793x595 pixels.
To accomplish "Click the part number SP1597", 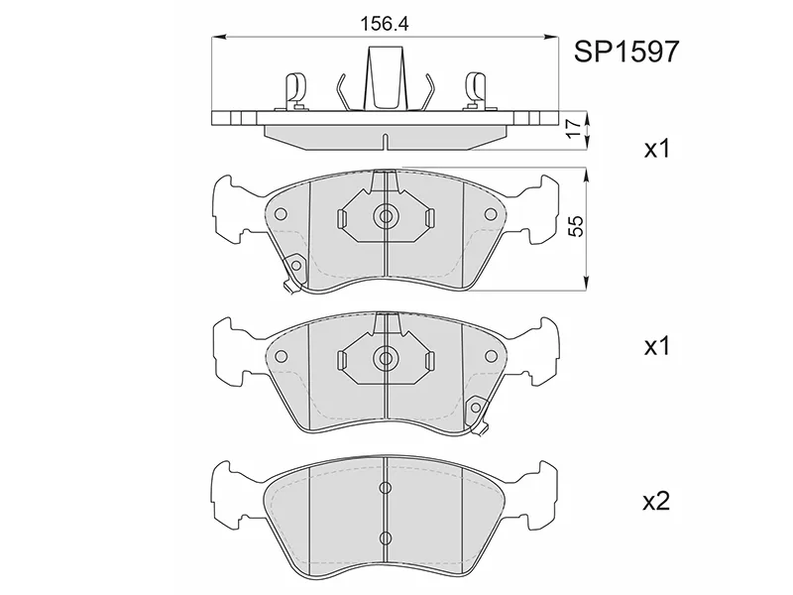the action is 626,52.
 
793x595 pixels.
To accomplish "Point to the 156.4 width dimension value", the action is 384,24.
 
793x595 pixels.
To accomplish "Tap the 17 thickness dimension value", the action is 573,129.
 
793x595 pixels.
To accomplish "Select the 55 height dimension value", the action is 576,226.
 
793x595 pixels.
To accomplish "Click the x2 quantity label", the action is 656,502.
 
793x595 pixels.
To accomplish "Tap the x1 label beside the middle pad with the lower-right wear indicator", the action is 656,346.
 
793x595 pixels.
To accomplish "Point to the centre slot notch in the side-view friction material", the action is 385,142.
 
